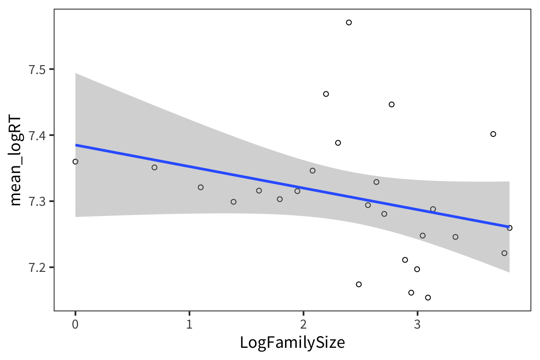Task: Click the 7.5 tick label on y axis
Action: coord(39,69)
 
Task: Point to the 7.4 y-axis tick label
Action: coord(39,135)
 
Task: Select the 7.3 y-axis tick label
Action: coord(39,202)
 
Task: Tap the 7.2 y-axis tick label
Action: coord(39,268)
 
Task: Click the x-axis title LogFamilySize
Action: coord(292,343)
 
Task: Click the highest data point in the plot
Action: coord(349,22)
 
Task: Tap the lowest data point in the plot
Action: coord(427,298)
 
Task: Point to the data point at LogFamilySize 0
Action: coord(75,162)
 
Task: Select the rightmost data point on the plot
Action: coord(510,228)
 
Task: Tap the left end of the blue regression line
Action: coord(76,145)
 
